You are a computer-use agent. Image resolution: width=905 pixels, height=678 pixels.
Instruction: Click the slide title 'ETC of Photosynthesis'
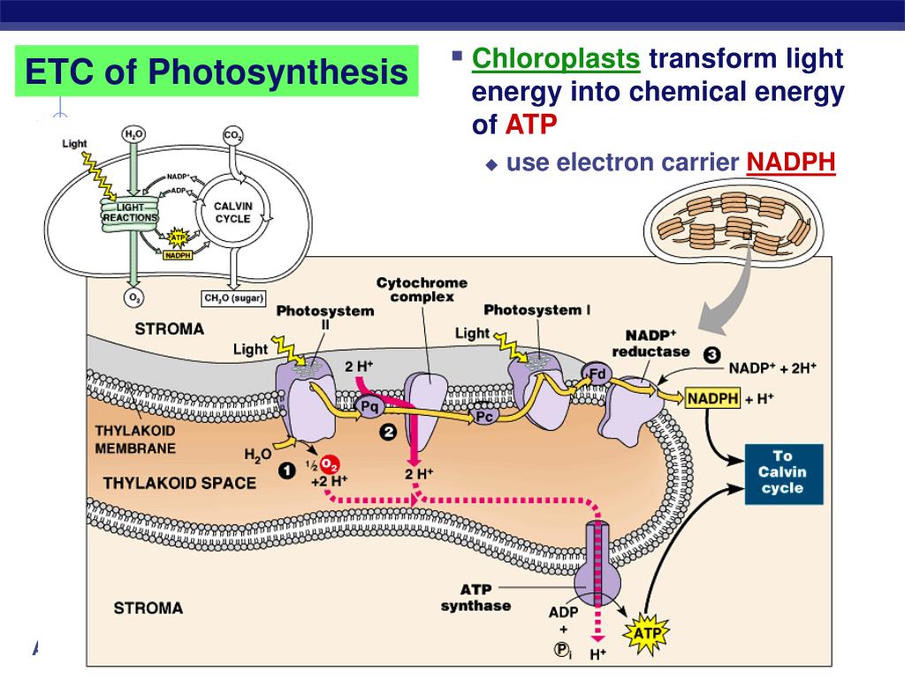coord(217,72)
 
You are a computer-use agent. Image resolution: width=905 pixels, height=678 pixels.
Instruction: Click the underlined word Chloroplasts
coord(556,59)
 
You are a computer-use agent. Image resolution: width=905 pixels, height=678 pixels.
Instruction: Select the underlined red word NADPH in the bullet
coord(791,162)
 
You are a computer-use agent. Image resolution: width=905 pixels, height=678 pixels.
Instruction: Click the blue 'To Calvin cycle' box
coord(782,473)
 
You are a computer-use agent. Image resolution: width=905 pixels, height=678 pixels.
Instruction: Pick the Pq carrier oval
coord(369,406)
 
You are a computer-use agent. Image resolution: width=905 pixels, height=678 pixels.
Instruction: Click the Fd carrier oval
coord(598,373)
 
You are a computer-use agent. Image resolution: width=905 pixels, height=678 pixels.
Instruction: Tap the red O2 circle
coord(329,463)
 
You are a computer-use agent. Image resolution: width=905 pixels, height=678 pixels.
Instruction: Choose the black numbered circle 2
coord(387,432)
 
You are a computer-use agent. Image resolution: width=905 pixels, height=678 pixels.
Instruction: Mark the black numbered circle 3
coord(711,354)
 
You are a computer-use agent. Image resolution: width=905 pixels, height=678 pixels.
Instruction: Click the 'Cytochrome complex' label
coord(422,290)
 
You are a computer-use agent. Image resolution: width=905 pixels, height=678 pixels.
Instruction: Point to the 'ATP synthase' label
coord(475,598)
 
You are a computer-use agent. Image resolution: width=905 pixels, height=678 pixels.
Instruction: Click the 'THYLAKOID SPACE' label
coord(179,483)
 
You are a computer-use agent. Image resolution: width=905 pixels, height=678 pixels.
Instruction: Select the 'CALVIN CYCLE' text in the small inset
coord(233,212)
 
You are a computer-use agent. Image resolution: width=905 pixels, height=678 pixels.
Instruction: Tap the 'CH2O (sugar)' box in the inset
coord(234,298)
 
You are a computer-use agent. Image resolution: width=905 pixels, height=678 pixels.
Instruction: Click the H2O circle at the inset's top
coord(133,135)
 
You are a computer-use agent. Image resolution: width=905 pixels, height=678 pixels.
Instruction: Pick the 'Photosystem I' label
coord(532,309)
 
